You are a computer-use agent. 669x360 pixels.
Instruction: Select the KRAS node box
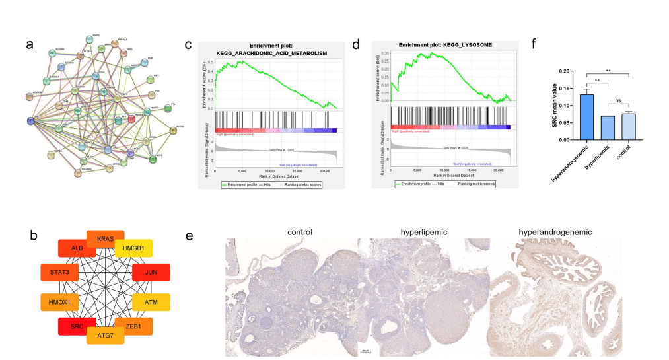pos(106,237)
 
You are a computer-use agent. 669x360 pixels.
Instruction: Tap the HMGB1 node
pos(134,249)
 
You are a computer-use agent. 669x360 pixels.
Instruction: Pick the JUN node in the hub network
pos(151,272)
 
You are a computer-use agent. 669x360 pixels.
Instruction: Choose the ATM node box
pos(151,302)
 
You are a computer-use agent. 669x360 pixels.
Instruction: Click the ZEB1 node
pos(134,327)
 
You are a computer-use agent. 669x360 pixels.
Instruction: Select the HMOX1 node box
pos(59,302)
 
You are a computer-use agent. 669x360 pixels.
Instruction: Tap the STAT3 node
pos(59,272)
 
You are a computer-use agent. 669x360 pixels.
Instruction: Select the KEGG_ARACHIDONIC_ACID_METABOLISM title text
pos(271,54)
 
